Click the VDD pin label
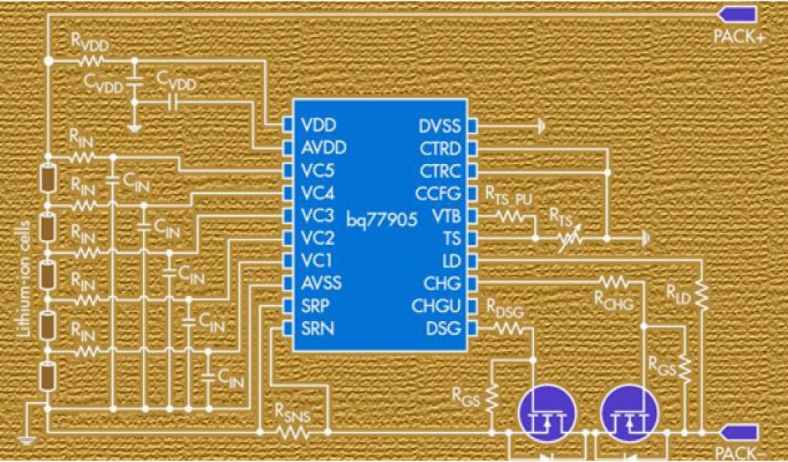pos(318,124)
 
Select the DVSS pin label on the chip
pos(440,124)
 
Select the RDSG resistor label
pos(505,309)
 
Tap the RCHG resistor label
pos(614,302)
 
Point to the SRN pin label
pos(316,330)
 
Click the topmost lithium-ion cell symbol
pos(48,179)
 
